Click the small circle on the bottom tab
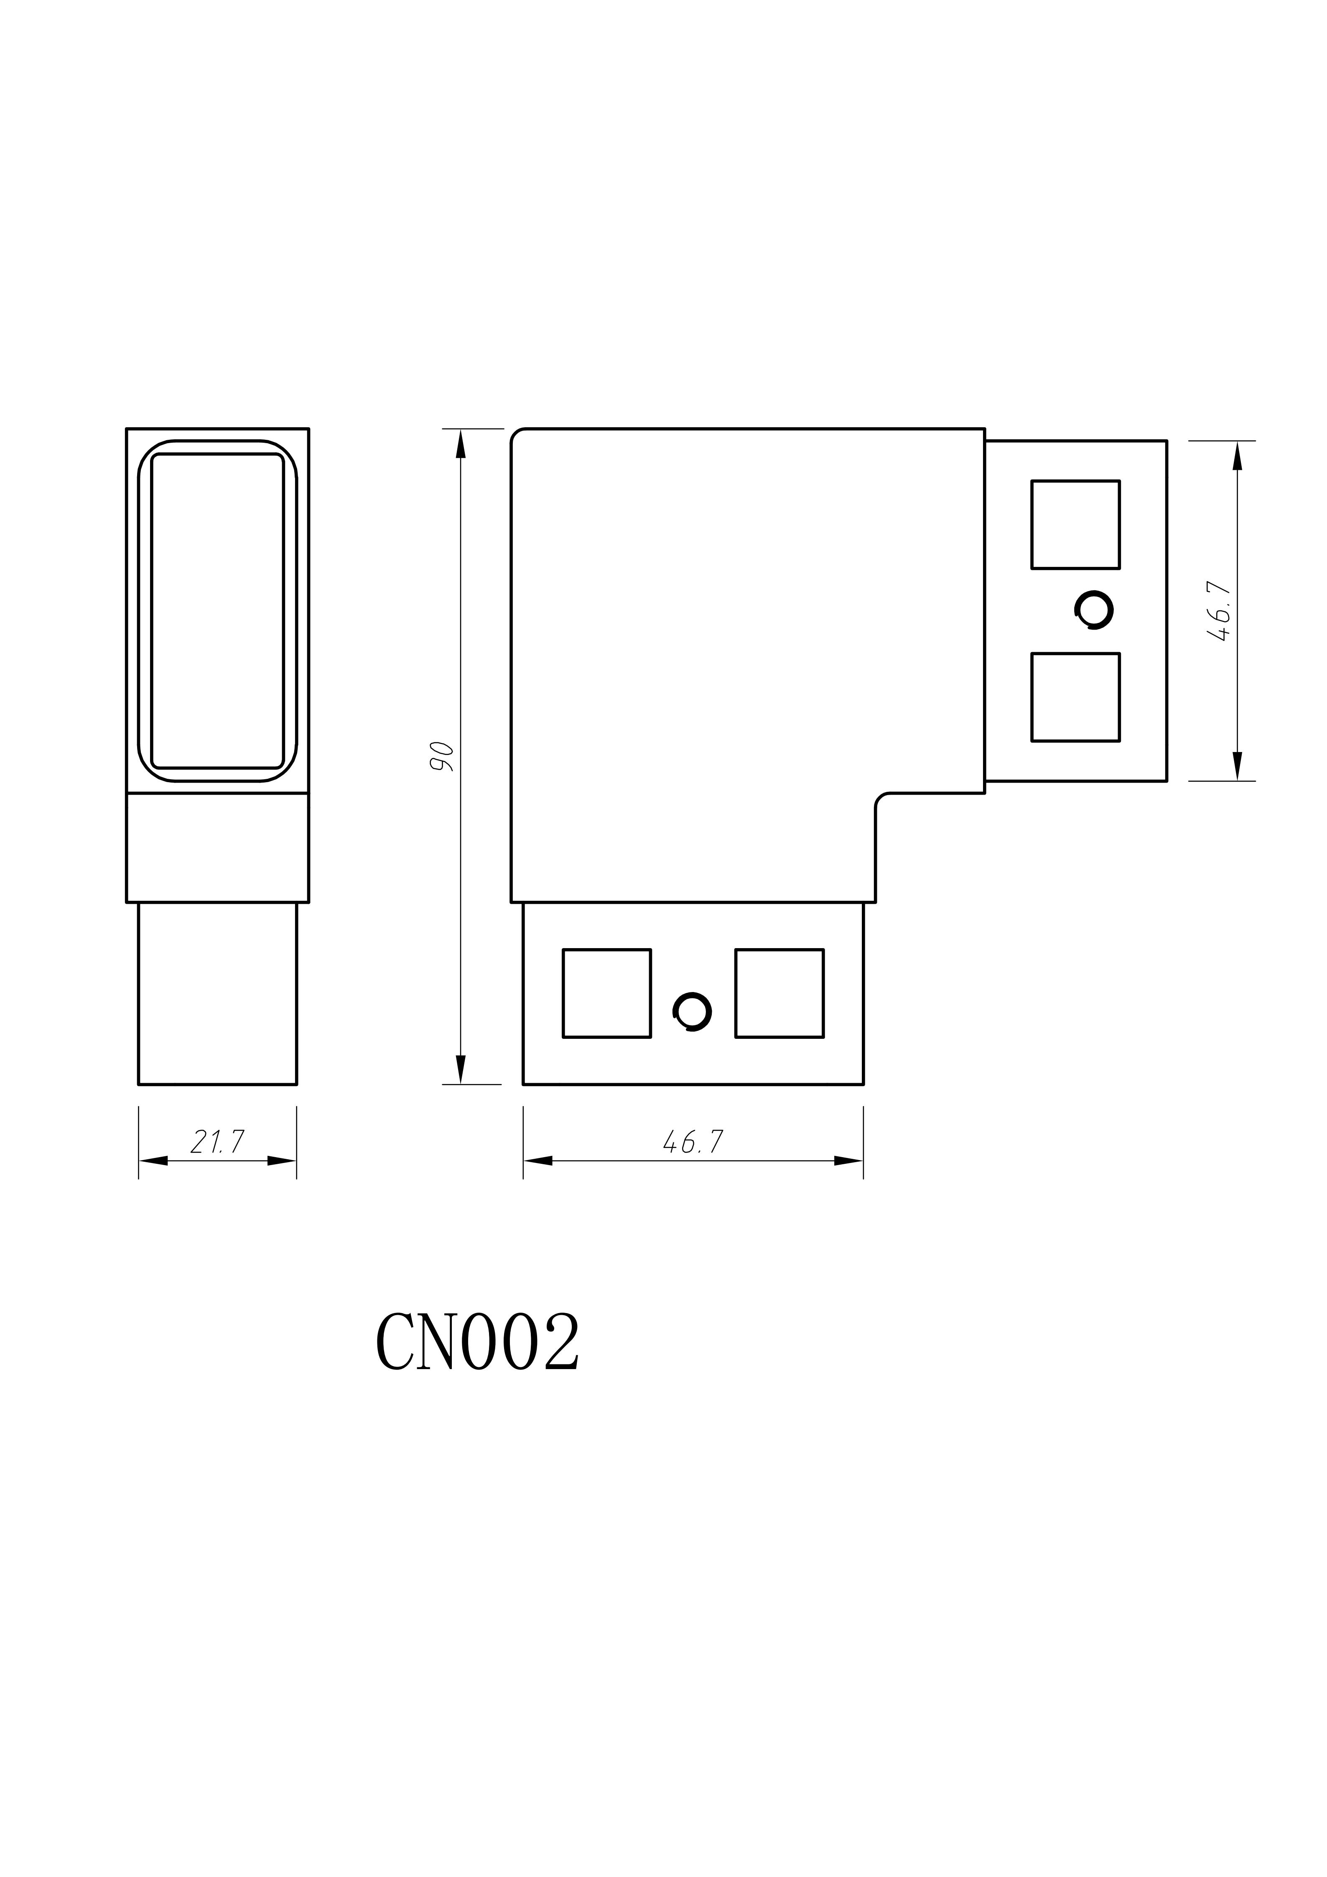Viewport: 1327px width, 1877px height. tap(692, 1012)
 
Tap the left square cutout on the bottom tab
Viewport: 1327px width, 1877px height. tap(606, 993)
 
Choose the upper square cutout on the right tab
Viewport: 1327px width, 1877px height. tap(1075, 524)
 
